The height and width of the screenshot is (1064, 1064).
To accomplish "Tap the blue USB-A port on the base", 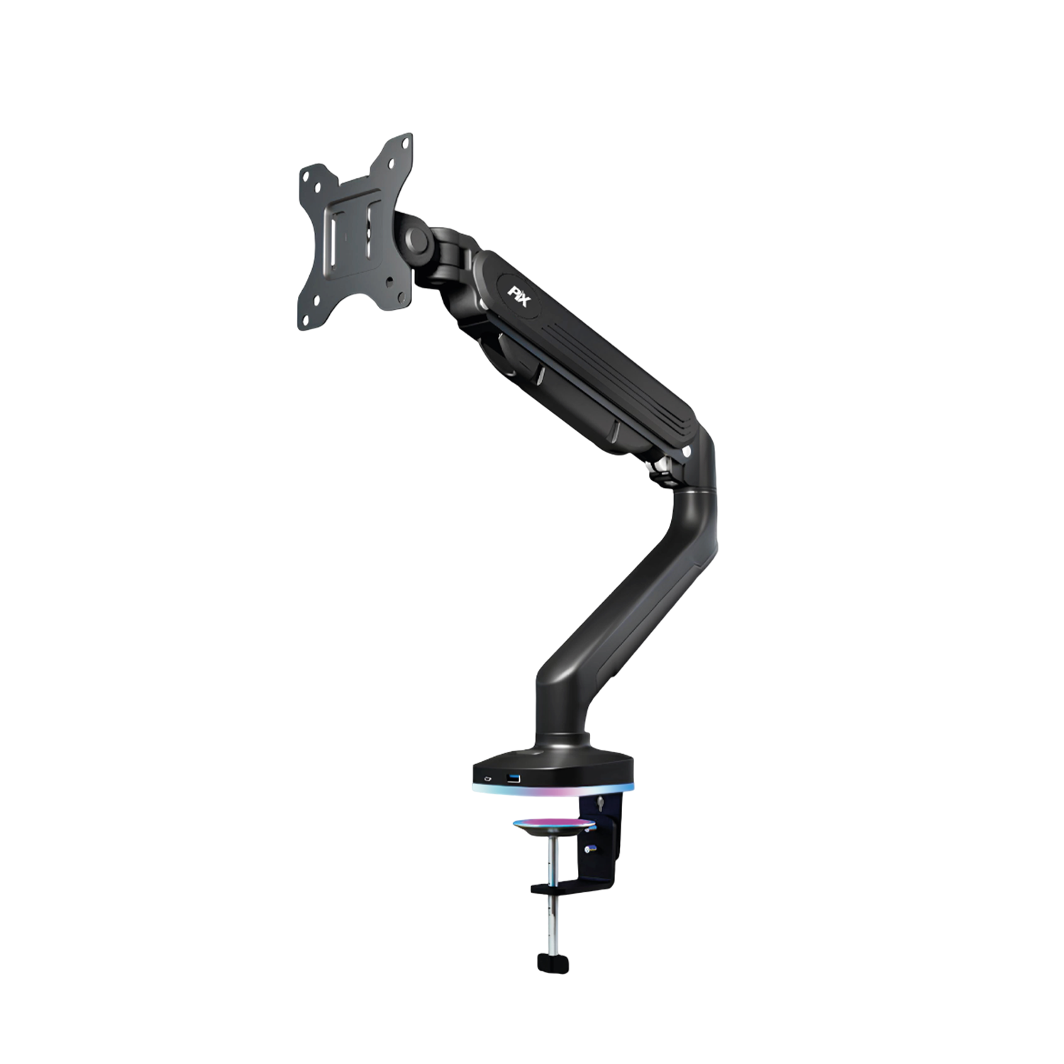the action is [x=514, y=780].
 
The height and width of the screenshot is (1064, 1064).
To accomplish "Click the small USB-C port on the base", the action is [x=487, y=780].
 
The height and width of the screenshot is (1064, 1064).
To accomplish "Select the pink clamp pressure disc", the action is [x=554, y=824].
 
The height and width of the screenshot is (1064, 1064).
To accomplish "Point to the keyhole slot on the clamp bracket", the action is [x=602, y=804].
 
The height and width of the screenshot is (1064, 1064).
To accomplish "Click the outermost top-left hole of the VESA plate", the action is [x=306, y=174].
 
